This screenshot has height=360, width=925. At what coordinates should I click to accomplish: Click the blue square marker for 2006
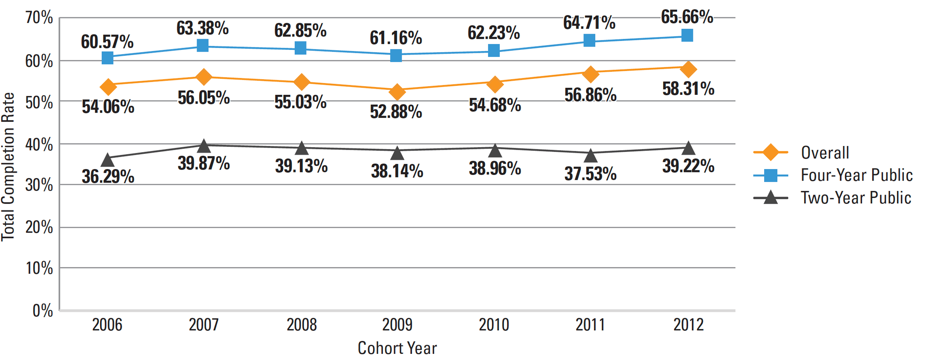[108, 58]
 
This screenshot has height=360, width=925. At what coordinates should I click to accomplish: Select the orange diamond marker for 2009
[397, 92]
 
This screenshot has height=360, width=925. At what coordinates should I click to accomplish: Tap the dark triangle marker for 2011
[591, 155]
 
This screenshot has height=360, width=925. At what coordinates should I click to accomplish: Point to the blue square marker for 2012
[687, 35]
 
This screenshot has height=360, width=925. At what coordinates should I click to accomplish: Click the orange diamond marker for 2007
[203, 77]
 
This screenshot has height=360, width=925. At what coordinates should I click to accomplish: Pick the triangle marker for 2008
[301, 148]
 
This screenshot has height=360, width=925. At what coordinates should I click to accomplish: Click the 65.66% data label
[687, 17]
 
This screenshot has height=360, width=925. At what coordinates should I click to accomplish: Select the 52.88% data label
[396, 112]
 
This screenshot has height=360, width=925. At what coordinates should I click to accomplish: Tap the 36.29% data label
[108, 176]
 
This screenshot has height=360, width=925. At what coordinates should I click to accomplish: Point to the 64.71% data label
[589, 23]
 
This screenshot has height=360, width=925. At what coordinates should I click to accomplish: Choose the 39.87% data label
[204, 164]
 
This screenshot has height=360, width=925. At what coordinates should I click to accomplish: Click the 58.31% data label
[688, 89]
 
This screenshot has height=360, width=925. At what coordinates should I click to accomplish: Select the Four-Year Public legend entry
[857, 175]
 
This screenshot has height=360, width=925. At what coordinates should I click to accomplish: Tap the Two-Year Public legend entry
[856, 198]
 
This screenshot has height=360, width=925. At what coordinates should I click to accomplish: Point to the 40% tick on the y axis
[39, 145]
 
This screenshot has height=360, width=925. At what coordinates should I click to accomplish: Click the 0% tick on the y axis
[43, 311]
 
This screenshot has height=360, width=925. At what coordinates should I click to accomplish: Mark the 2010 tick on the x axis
[494, 325]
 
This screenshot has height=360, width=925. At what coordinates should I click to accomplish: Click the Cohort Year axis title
[397, 348]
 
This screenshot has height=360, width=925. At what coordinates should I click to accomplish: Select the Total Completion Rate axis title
[8, 167]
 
